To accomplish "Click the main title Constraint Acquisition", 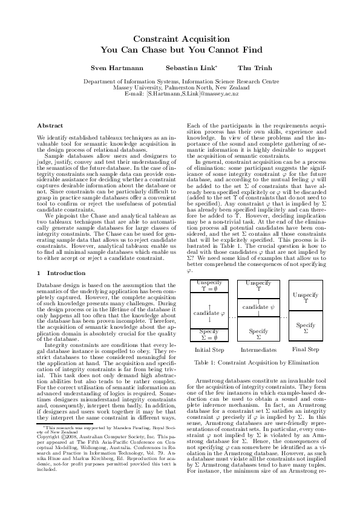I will click(180, 37).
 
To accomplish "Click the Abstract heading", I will click(50, 126).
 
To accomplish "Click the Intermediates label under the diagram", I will click(258, 349).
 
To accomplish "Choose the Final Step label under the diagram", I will click(306, 349).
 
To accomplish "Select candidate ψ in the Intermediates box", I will click(258, 308).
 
